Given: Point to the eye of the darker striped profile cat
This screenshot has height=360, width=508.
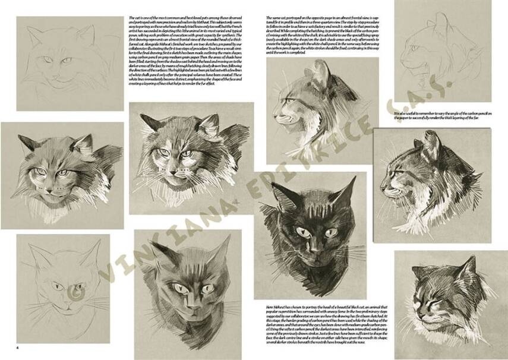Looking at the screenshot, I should click(400, 172).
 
